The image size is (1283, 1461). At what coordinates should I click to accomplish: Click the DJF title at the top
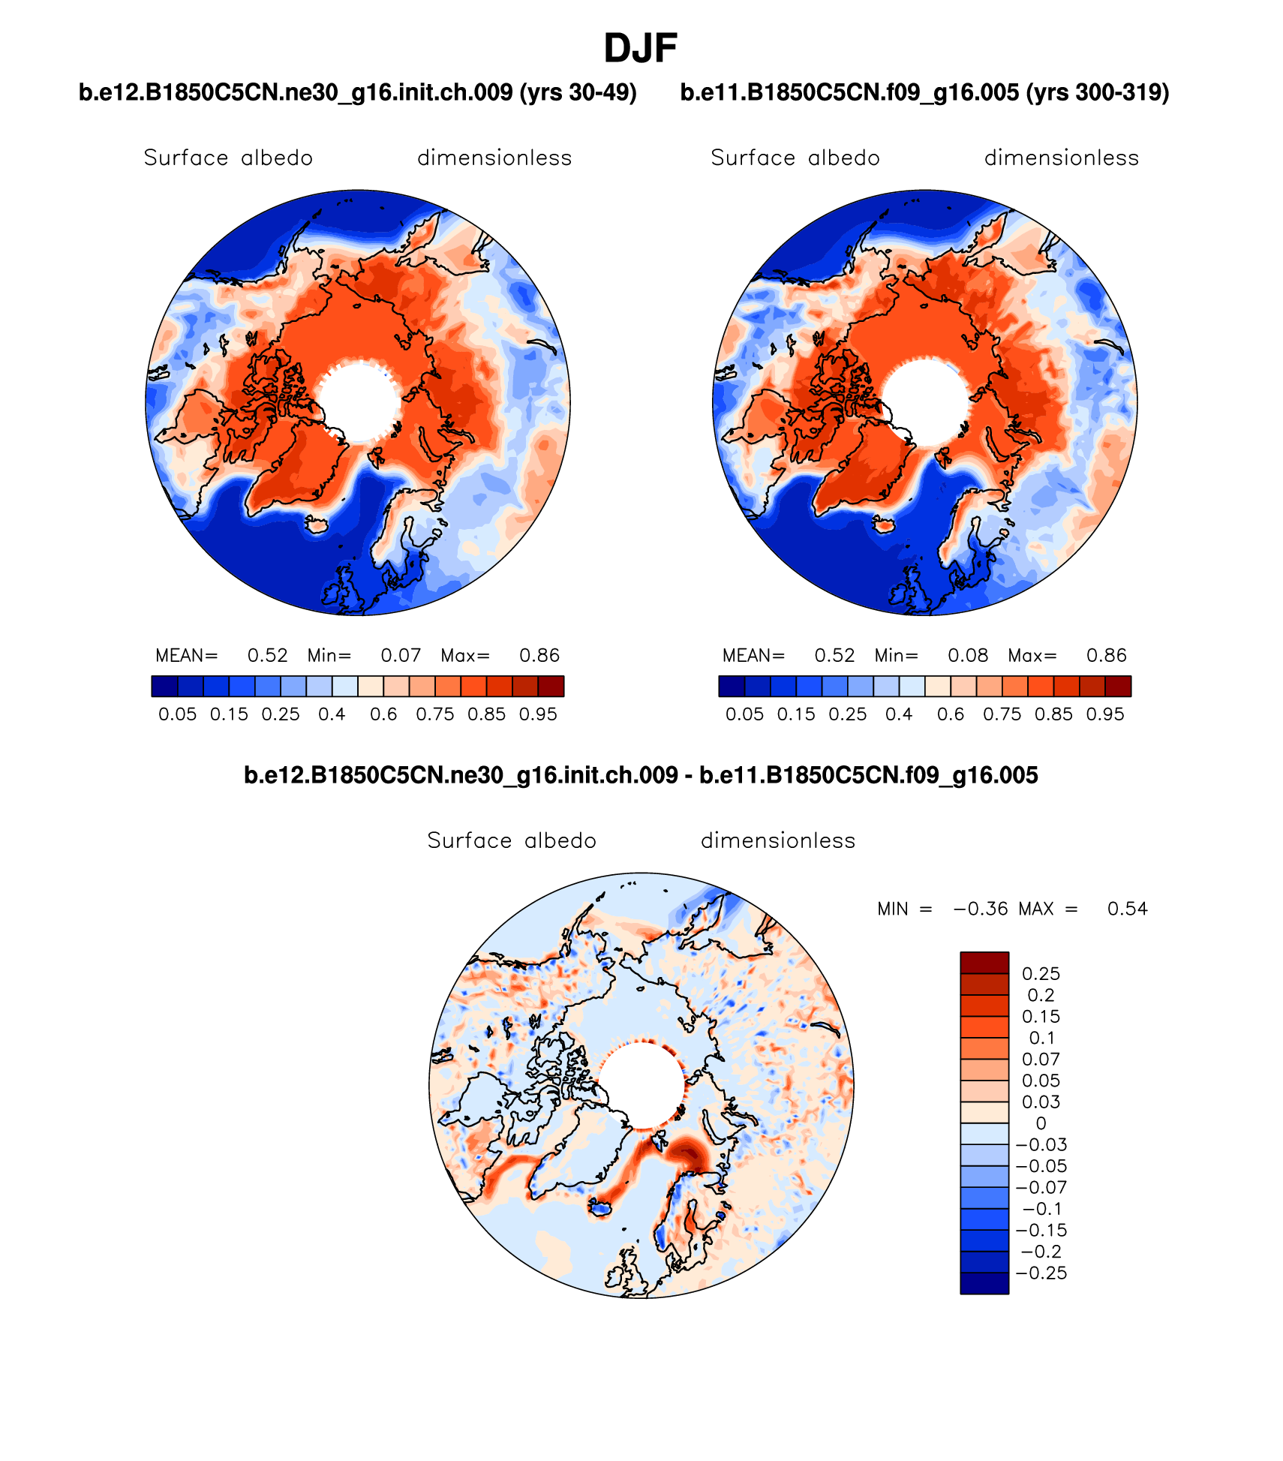coord(640,49)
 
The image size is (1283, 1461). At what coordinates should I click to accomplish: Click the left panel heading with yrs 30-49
coord(358,92)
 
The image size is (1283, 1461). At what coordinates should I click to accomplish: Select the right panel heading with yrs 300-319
coord(924,92)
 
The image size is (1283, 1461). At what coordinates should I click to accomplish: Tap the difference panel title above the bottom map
coord(641,774)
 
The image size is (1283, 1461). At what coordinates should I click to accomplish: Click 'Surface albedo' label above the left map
coord(228,158)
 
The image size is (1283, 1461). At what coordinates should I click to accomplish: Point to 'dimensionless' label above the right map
coord(1061,158)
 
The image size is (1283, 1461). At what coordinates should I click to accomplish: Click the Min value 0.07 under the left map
coord(401,656)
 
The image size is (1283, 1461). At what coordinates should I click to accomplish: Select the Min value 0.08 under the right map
coord(968,656)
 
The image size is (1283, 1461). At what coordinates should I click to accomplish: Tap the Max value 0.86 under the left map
coord(539,656)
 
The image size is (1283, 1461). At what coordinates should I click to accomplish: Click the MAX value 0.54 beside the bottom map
coord(1127,909)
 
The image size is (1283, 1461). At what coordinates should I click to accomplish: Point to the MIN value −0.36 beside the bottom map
coord(981,909)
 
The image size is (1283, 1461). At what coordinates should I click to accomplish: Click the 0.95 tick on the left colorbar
coord(538,714)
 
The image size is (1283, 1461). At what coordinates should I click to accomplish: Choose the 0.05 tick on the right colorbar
coord(744,714)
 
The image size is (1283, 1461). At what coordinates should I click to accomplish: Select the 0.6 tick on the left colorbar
coord(383,714)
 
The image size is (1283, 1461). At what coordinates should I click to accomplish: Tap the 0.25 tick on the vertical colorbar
coord(1041,974)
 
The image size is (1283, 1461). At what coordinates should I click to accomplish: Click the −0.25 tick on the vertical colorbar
coord(1041,1273)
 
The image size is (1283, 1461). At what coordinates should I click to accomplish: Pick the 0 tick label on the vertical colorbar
coord(1041,1123)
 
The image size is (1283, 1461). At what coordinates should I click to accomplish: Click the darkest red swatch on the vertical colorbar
coord(984,963)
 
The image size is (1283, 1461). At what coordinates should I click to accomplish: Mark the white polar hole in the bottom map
coord(641,1085)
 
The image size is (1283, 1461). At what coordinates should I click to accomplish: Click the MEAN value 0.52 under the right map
coord(834,656)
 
